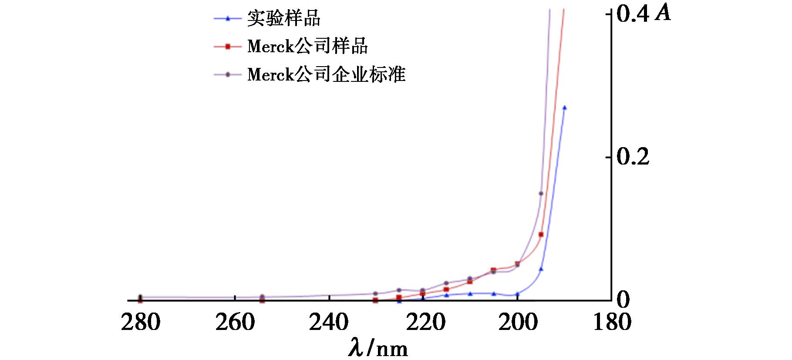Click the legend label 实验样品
(x=284, y=19)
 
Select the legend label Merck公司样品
(x=307, y=47)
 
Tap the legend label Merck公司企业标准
(x=326, y=74)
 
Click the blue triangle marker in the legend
(x=227, y=18)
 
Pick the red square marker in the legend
(x=227, y=47)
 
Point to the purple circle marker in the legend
(x=227, y=74)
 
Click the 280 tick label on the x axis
(x=141, y=323)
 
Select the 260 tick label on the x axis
(x=235, y=323)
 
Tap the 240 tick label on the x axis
(x=329, y=323)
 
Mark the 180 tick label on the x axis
(x=612, y=323)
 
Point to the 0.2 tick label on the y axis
(x=633, y=157)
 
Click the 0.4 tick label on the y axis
(x=633, y=15)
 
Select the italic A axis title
(x=663, y=14)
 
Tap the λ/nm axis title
(x=378, y=348)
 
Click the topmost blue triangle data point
(x=564, y=108)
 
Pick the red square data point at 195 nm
(x=541, y=235)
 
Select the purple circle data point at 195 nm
(x=541, y=193)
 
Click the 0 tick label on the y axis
(x=623, y=300)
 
